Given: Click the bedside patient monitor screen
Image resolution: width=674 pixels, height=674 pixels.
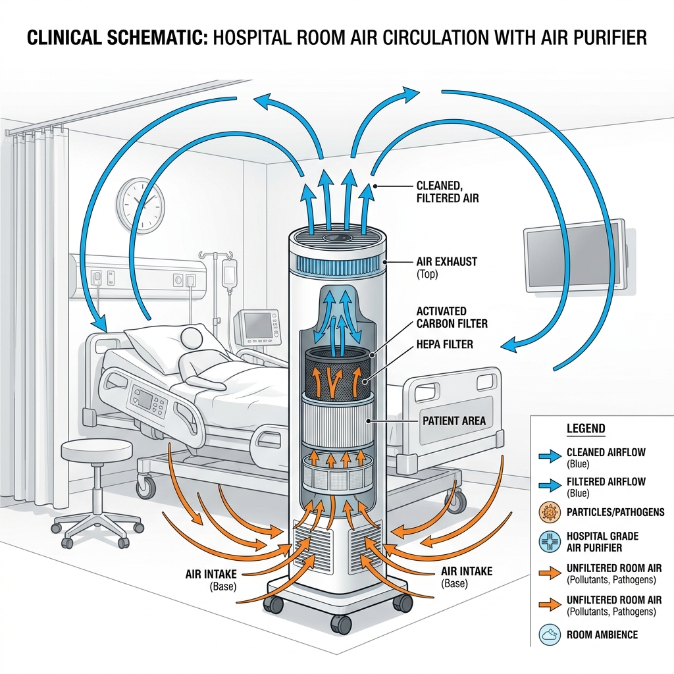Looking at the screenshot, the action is pos(256,324).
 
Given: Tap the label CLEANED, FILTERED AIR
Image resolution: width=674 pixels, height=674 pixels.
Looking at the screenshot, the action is pos(447,192).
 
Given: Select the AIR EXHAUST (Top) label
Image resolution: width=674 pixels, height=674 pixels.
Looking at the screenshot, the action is pos(446,267).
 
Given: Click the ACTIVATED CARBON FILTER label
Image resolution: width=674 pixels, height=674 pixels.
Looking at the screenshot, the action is pos(452,317).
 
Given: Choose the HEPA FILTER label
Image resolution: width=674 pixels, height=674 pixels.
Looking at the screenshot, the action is pos(444,344).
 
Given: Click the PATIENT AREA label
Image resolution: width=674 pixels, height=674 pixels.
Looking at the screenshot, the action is pos(454,421).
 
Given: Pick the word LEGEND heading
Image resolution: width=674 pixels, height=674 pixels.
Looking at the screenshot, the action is pos(585,428).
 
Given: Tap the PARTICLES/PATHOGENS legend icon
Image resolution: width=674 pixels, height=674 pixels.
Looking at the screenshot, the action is pos(550,512).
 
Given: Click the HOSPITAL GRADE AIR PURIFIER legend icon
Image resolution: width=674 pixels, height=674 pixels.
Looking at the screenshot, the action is pos(550,542).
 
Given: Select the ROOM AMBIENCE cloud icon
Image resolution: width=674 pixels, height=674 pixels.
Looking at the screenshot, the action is pos(550,635).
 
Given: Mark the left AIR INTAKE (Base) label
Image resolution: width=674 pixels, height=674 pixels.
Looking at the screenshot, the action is pos(211,580).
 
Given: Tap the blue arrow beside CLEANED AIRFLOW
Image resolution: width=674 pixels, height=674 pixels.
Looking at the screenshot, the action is pos(550,456).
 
